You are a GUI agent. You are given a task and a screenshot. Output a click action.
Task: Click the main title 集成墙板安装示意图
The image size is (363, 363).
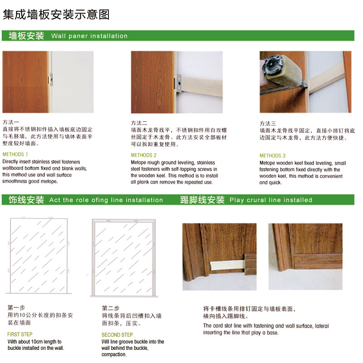pos(56,15)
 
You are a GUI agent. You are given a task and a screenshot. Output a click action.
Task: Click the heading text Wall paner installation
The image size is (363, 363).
pos(89,36)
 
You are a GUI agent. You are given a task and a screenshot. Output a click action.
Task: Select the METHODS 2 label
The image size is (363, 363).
pos(144,155)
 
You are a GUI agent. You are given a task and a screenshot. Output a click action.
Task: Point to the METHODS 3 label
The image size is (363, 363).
pos(273,156)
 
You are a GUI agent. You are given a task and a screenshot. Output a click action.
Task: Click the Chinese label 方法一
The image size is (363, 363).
pos(11,122)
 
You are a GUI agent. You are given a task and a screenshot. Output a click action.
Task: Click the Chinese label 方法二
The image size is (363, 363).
pos(139,123)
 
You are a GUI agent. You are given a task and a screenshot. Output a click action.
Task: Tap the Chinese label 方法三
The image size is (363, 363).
pos(268,123)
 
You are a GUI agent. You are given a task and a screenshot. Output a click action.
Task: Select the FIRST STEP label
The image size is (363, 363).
pos(20,334)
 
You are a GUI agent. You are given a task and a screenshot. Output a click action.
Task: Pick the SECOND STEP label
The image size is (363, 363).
pos(117,335)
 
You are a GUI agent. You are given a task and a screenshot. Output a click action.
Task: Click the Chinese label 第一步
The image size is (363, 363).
pos(16,307)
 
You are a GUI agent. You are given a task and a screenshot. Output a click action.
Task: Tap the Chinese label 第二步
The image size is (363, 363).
pos(111,308)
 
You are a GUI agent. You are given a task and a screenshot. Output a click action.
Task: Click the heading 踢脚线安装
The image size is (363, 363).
pos(202,200)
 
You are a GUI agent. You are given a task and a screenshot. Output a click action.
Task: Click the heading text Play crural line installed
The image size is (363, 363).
pos(271,200)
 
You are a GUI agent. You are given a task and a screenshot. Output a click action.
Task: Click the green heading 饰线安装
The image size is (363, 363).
pos(26,200)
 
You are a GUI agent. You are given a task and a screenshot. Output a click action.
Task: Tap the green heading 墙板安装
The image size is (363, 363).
pos(26,36)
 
